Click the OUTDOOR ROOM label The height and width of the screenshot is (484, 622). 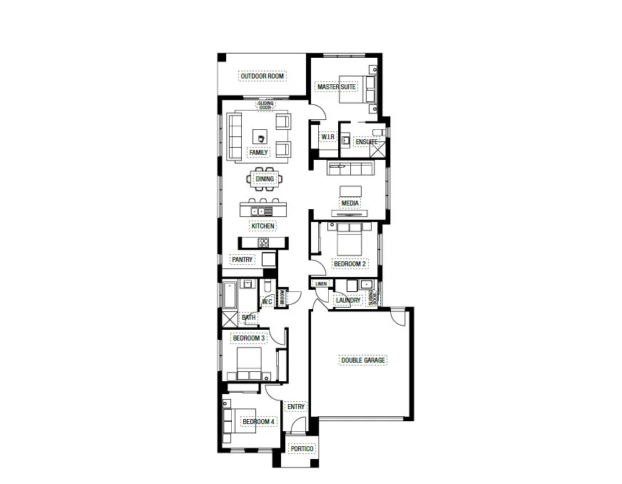[x=262, y=76]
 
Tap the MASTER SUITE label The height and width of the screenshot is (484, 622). [x=337, y=87]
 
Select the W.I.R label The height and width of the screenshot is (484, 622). [x=328, y=136]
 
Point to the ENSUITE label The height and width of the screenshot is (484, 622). [x=366, y=142]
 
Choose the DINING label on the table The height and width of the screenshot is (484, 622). [x=265, y=179]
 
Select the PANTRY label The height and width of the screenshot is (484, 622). [x=242, y=259]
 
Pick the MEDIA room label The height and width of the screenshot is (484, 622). [x=350, y=203]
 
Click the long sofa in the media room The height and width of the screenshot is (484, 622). [x=350, y=168]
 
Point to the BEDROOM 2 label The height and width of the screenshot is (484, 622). [x=350, y=264]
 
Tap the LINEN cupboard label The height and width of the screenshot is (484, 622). [x=320, y=284]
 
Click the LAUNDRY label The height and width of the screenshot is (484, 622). [x=347, y=301]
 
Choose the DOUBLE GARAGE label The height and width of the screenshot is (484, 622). [x=363, y=361]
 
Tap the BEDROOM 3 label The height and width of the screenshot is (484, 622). [x=249, y=338]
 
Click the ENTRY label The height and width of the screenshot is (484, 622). [x=295, y=407]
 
